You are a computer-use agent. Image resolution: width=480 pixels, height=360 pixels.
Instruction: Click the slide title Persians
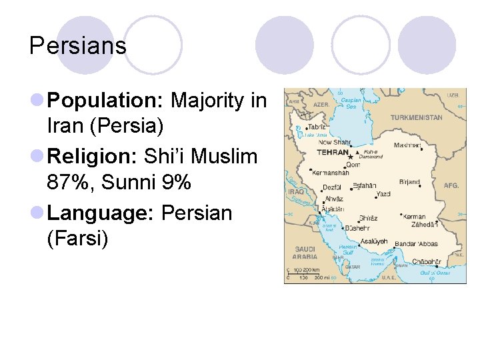pyautogui.click(x=78, y=45)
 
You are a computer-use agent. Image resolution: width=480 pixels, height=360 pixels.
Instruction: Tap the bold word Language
pyautogui.click(x=101, y=213)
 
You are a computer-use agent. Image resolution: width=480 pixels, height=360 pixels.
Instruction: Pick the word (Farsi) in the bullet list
pyautogui.click(x=77, y=238)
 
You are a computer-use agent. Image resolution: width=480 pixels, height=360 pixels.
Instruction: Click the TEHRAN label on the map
pyautogui.click(x=333, y=152)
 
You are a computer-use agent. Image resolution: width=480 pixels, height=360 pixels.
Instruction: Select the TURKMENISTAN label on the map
pyautogui.click(x=416, y=117)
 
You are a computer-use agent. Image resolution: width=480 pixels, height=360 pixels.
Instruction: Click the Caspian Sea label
pyautogui.click(x=351, y=103)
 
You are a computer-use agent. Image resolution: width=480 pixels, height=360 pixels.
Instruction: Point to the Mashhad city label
pyautogui.click(x=408, y=145)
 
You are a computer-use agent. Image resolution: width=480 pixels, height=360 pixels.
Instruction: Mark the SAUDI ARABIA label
pyautogui.click(x=306, y=252)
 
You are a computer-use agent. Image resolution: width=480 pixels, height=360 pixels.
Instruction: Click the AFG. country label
pyautogui.click(x=451, y=185)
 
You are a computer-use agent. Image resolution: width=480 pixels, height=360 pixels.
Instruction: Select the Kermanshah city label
pyautogui.click(x=330, y=172)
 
